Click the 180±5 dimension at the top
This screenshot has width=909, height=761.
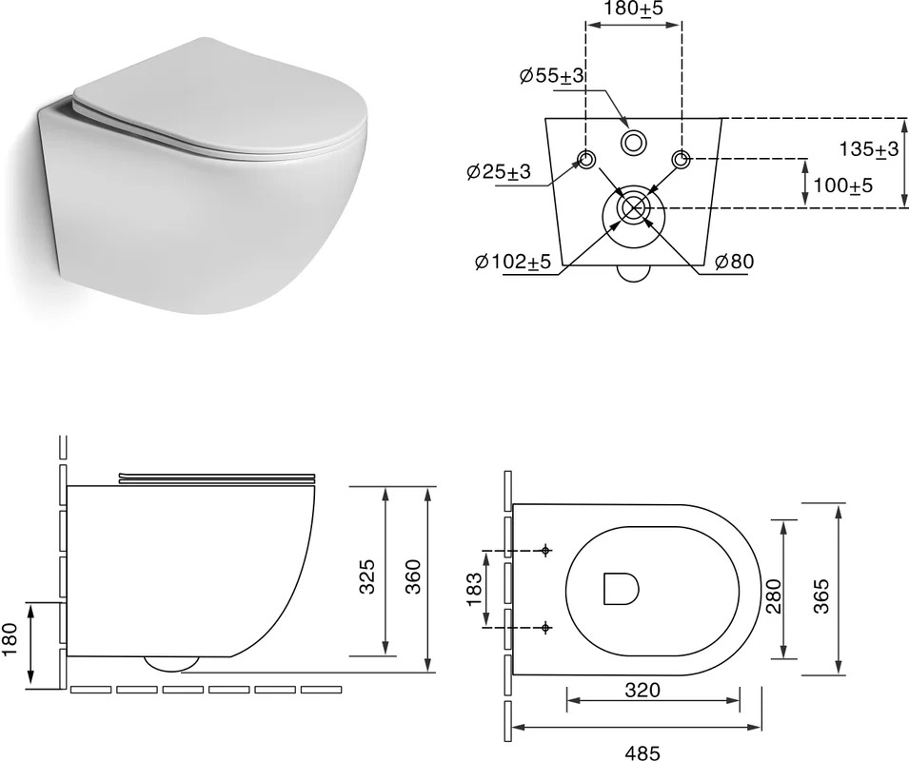pos(633,10)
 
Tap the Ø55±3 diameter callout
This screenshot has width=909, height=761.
pos(551,76)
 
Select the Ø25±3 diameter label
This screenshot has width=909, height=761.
pos(499,172)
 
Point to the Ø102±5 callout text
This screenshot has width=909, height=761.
pos(512,262)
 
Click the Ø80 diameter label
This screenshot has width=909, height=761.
pos(735,262)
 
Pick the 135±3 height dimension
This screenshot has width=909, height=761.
pos(868,149)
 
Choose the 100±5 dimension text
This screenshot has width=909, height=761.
pos(843,185)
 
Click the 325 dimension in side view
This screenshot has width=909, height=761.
pos(367,576)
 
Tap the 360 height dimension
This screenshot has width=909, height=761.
pos(412,576)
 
